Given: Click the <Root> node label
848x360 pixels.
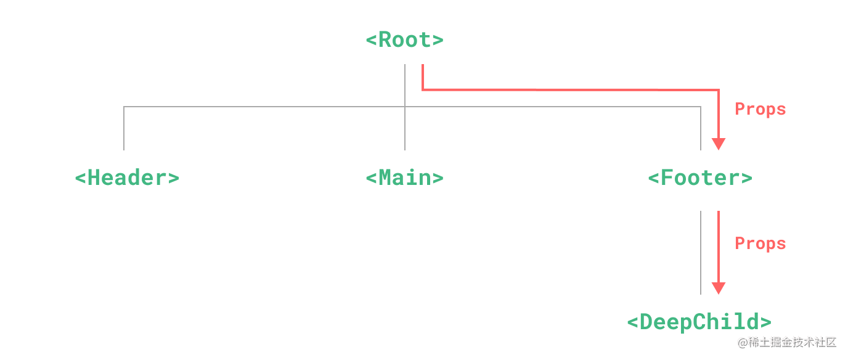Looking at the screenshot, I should tap(404, 40).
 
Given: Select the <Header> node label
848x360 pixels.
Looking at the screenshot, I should tap(127, 178).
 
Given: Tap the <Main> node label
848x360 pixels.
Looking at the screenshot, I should tap(404, 178).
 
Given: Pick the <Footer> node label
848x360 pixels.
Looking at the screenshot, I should tap(700, 178).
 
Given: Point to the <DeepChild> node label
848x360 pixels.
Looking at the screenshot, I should tap(699, 322).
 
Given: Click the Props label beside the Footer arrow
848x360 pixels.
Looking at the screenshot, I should tap(760, 109).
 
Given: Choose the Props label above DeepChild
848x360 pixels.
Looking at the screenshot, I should tap(760, 243).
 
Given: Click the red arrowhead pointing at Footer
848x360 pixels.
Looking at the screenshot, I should tap(718, 144).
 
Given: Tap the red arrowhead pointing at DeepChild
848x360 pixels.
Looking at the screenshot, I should tap(718, 288).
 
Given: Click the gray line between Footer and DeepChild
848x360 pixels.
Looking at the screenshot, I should tap(701, 253).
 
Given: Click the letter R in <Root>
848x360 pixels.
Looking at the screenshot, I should tap(385, 40).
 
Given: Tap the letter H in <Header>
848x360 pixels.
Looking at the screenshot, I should tap(94, 178).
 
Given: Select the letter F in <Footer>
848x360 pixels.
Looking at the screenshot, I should tap(667, 178).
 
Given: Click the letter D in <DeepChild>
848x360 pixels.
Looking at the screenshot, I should tap(646, 322).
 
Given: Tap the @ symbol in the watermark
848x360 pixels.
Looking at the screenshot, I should tap(741, 342).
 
